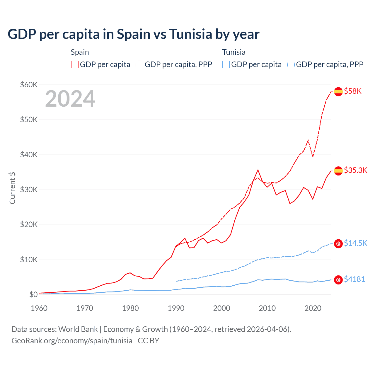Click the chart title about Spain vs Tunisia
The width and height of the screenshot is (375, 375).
point(134,34)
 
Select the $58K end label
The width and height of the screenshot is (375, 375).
point(353,91)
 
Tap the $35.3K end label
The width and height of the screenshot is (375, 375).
point(355,170)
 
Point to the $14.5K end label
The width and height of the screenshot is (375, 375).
point(355,243)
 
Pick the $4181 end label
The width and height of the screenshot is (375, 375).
point(354,279)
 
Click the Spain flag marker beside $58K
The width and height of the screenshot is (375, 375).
point(338,91)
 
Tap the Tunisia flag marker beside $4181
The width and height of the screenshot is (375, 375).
point(338,280)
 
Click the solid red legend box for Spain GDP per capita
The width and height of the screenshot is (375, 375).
point(75,64)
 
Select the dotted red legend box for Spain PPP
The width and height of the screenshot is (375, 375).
point(139,64)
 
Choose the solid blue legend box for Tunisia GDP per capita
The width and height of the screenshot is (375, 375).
point(226,64)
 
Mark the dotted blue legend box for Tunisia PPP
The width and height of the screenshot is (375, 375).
point(291,64)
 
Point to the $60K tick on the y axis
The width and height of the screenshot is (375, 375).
point(29,85)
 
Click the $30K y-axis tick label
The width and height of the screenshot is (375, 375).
point(29,190)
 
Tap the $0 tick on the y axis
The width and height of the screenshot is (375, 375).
point(33,294)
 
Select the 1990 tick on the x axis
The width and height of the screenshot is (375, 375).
point(176,308)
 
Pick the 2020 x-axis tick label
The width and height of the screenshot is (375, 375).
point(313,308)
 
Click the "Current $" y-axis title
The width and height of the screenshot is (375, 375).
point(12,188)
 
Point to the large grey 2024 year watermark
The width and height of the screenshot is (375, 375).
point(70,99)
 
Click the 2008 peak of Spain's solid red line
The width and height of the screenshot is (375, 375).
point(258,170)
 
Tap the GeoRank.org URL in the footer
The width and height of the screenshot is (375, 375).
point(72,341)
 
